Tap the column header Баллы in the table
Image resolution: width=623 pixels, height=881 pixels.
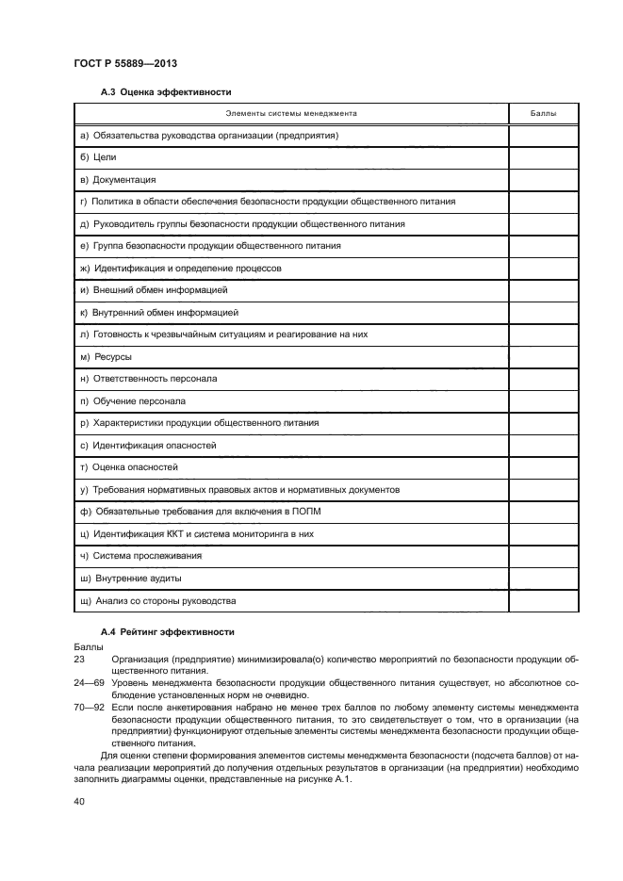[x=543, y=113]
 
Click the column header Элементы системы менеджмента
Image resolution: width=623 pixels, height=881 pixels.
[x=290, y=113]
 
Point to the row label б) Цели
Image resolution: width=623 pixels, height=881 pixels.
[x=98, y=157]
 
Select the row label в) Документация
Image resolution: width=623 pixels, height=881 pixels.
[x=118, y=179]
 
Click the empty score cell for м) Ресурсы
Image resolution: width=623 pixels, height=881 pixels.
[x=543, y=357]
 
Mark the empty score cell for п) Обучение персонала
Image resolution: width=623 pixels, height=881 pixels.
[x=543, y=401]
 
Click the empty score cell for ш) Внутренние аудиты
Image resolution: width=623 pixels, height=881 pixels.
[x=543, y=579]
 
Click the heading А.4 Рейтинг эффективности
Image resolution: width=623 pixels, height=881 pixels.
[x=168, y=631]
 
